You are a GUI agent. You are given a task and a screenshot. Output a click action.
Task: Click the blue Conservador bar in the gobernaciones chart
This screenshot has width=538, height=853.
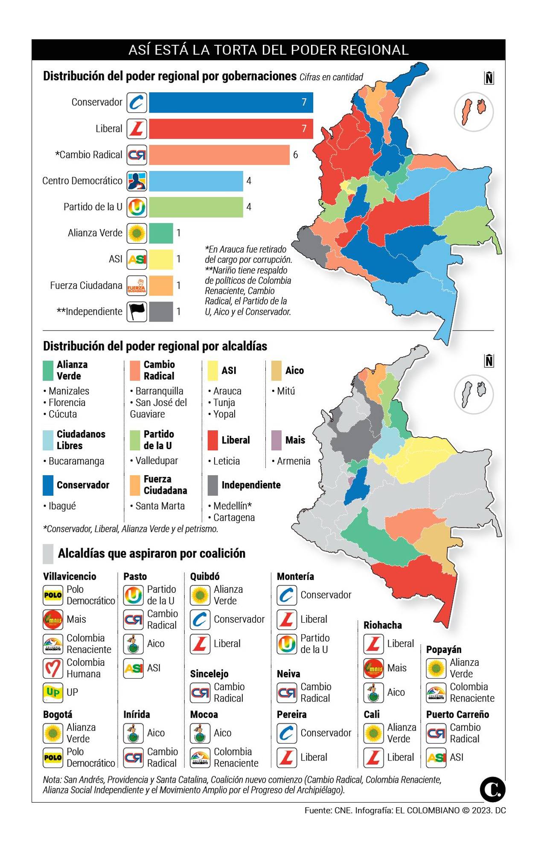point(230,102)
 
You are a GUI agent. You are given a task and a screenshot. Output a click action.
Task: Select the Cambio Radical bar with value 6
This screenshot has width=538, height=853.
point(219,155)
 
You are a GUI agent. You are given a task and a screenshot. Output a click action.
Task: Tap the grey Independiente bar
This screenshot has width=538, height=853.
point(161,311)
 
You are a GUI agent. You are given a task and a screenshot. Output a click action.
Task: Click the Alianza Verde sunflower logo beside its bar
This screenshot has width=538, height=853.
point(137,233)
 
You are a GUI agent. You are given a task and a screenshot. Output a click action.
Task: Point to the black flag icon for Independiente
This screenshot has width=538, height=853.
point(137,311)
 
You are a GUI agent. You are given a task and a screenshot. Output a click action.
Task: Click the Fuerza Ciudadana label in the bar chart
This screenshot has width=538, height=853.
point(86,285)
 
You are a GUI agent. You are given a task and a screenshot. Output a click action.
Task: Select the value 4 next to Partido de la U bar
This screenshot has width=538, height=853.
point(249,207)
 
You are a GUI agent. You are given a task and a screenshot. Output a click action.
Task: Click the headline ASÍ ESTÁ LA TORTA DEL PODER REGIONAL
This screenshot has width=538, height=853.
point(268,50)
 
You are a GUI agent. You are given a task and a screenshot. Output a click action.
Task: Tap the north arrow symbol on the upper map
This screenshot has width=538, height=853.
point(489,78)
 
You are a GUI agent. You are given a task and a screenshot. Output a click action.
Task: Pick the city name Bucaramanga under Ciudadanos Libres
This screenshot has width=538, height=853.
point(76,461)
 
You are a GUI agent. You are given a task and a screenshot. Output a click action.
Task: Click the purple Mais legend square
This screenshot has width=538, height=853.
point(276,440)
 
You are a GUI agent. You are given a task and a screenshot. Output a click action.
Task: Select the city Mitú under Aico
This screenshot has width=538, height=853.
point(285,391)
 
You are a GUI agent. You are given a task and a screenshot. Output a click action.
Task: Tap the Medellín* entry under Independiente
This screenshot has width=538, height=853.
point(232,506)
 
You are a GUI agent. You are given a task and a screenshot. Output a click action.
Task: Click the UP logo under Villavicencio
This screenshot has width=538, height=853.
point(53,692)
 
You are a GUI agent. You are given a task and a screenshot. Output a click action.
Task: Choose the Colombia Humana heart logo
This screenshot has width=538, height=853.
point(53,668)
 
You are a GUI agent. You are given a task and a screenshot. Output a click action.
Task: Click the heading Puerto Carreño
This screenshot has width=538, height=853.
point(457,714)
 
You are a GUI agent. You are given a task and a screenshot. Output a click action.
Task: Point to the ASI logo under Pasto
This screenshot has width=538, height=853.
point(134,668)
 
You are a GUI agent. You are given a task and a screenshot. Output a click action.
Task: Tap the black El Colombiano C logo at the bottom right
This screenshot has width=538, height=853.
point(492,789)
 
